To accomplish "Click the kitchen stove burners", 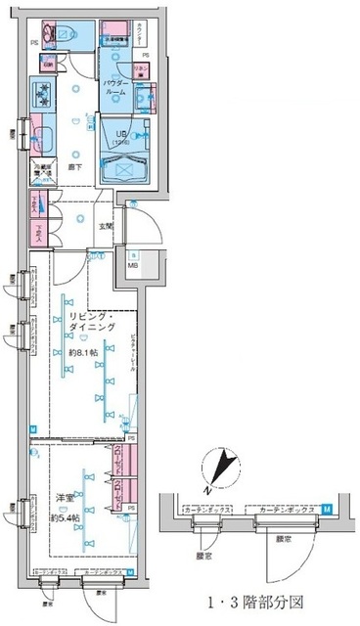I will coord(44,95).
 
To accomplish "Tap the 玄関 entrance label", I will coord(104,227).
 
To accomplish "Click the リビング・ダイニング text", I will coord(92,323).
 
